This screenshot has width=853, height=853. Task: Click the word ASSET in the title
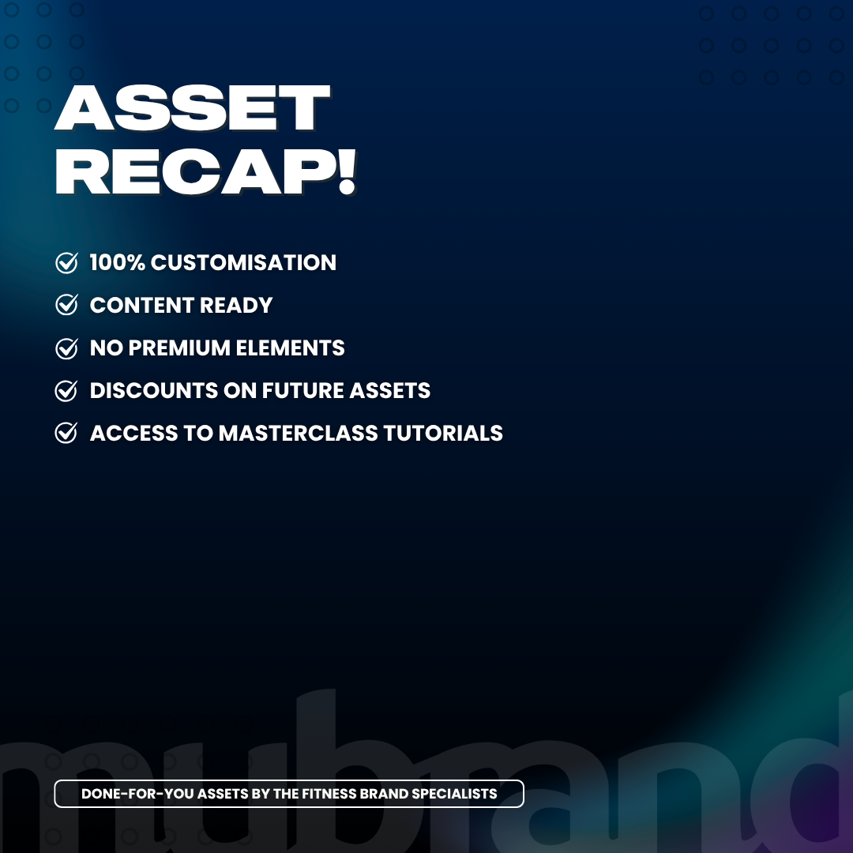(x=193, y=107)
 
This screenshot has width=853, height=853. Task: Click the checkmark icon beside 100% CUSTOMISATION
(x=66, y=263)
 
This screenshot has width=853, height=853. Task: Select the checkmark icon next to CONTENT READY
(x=66, y=305)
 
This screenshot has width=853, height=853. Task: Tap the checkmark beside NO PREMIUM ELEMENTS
(x=66, y=348)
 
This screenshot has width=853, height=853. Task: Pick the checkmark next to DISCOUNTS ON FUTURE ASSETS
(x=66, y=391)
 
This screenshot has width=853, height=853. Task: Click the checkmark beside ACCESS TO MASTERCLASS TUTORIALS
(x=66, y=433)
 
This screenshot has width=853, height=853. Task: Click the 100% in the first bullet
(x=118, y=263)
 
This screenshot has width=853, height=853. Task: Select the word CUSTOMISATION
(x=243, y=263)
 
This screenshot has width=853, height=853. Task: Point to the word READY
(x=236, y=305)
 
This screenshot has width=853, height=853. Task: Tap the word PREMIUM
(x=179, y=348)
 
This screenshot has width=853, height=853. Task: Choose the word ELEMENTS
(x=290, y=348)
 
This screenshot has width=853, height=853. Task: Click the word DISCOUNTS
(x=154, y=391)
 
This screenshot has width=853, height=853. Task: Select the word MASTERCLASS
(x=298, y=434)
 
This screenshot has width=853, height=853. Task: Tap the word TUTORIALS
(x=443, y=434)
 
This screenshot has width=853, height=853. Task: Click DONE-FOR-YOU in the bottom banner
(x=137, y=794)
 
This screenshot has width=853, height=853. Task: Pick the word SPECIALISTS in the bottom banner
(x=454, y=794)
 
